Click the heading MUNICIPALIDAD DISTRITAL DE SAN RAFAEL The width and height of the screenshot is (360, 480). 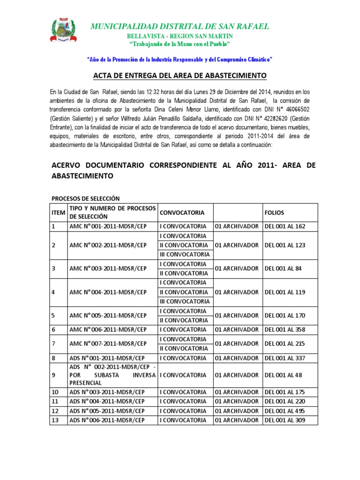click(x=180, y=26)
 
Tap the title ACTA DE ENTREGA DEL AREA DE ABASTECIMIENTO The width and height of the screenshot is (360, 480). click(x=180, y=75)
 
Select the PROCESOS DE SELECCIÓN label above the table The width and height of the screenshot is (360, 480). click(x=85, y=199)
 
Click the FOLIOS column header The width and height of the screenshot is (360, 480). click(x=274, y=212)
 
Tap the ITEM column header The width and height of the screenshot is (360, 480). click(x=58, y=212)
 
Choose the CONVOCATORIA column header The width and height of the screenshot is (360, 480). click(x=182, y=212)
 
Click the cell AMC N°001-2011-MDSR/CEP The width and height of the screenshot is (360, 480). click(x=108, y=226)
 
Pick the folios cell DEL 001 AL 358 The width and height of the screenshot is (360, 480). click(x=285, y=330)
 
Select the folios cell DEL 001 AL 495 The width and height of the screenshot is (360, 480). click(x=285, y=411)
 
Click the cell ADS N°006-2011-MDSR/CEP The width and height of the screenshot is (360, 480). click(x=107, y=420)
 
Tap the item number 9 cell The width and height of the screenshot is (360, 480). click(x=54, y=375)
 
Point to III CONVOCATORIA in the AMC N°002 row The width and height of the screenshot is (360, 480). click(x=185, y=255)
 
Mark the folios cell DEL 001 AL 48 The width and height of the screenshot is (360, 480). click(x=283, y=375)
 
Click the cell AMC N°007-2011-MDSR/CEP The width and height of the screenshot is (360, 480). click(x=108, y=344)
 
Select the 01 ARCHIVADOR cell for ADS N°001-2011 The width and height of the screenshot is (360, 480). click(x=236, y=358)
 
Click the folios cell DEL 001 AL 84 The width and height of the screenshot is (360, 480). click(x=283, y=269)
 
